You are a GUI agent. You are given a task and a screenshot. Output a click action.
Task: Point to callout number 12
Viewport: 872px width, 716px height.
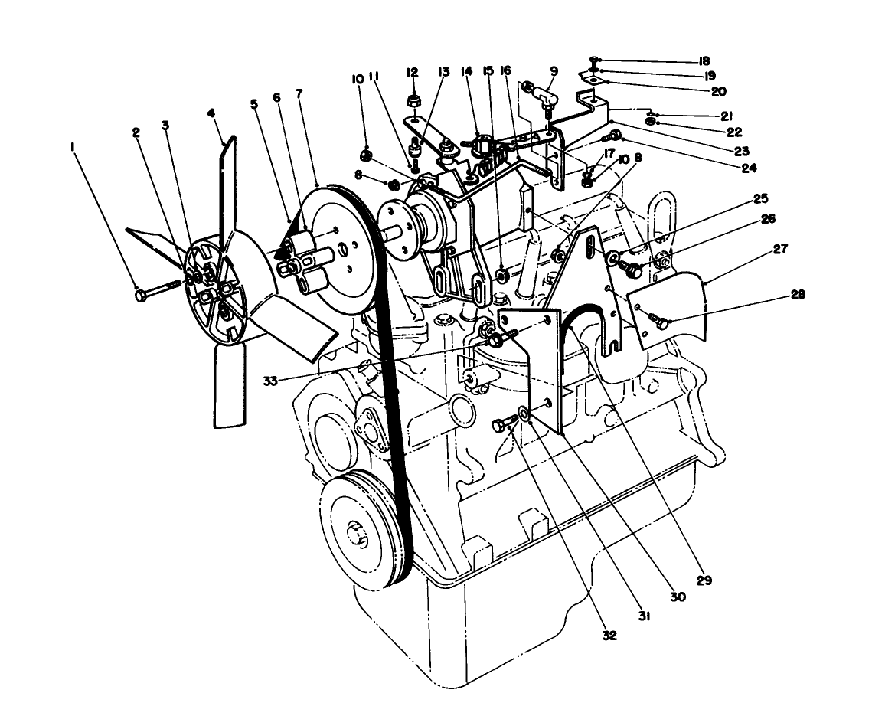coord(413,72)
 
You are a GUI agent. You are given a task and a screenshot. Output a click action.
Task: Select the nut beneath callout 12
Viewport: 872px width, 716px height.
coord(413,100)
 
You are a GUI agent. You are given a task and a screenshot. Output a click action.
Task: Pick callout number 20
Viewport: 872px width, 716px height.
coord(718,91)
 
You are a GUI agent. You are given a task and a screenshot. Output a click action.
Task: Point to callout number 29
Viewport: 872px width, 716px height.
coord(704,580)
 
